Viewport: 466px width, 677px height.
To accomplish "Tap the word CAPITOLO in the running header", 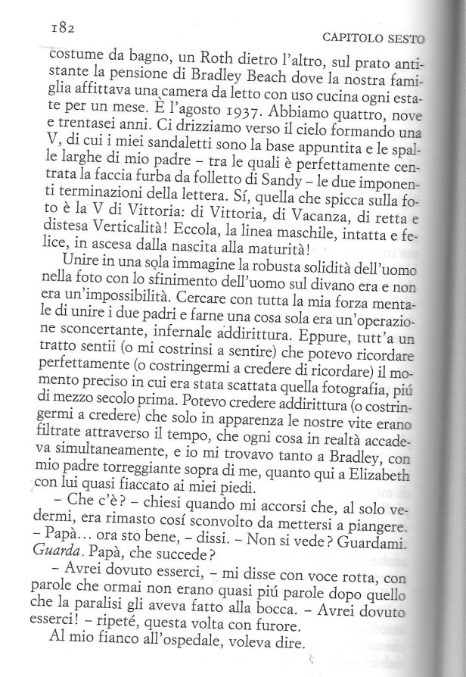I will pyautogui.click(x=347, y=37).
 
